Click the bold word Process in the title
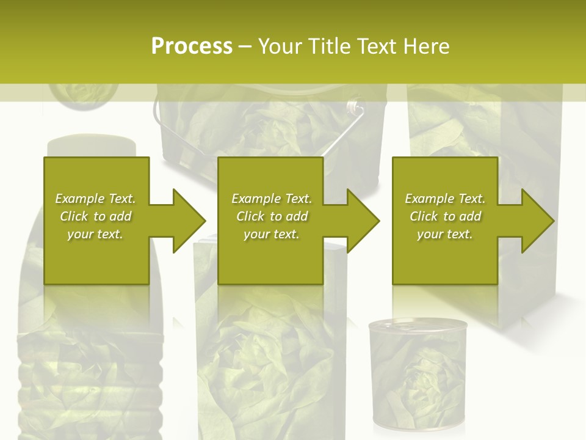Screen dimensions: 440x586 [x=192, y=46]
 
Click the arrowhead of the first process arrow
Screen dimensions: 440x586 [x=187, y=221]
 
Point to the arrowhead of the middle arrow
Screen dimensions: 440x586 [x=361, y=221]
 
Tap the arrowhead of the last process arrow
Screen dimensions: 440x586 [x=536, y=221]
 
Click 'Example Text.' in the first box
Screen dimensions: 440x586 [x=95, y=199]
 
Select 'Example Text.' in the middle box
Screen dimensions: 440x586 [x=272, y=199]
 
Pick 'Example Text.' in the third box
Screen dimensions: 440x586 [x=445, y=199]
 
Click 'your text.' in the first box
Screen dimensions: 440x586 [x=95, y=234]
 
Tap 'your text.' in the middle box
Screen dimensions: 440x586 [x=272, y=234]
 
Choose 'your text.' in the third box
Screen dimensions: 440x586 [x=445, y=234]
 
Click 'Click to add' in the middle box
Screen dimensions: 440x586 [x=272, y=216]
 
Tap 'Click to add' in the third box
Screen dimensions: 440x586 [x=445, y=216]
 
